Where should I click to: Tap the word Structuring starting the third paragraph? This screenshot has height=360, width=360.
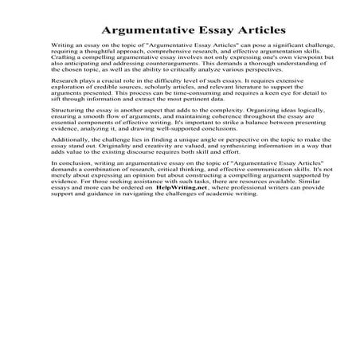click(x=67, y=149)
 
